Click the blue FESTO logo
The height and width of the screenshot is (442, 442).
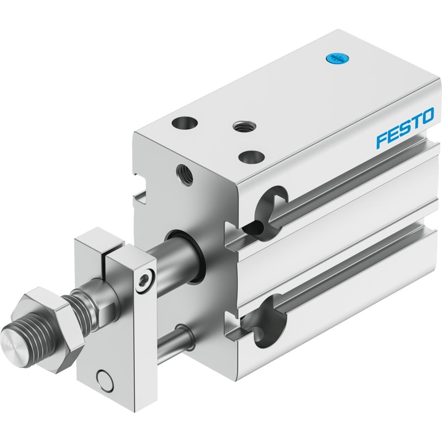(406, 128)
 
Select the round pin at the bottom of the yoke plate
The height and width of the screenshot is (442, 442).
(104, 377)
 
